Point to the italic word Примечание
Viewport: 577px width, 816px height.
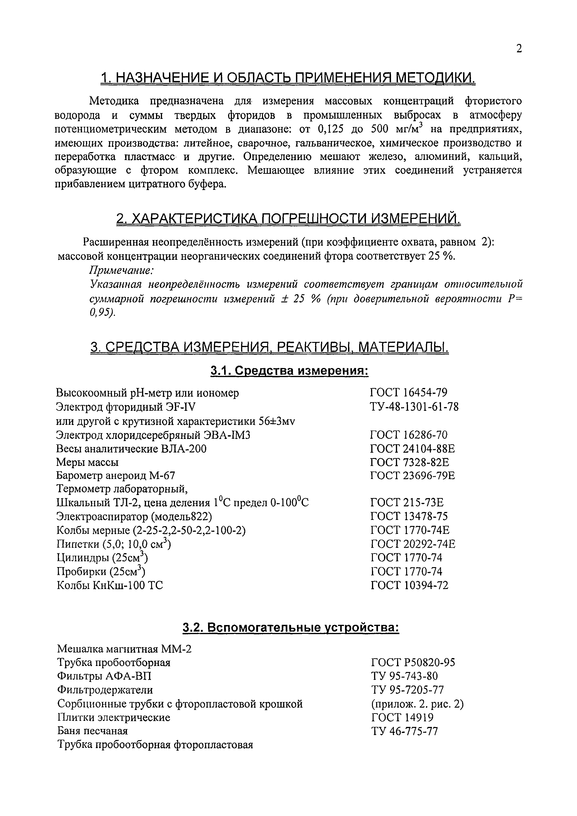[121, 270]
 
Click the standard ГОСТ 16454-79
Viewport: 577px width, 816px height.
[409, 392]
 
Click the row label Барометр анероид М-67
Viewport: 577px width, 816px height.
[116, 475]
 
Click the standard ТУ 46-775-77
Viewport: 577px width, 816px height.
[404, 731]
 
